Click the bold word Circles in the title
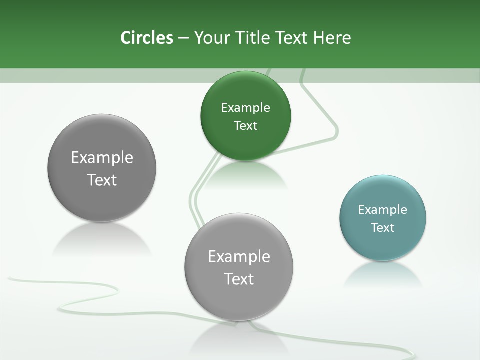click(x=147, y=38)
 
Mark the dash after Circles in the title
click(x=183, y=38)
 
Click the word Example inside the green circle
click(x=245, y=108)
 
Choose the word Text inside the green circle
click(x=245, y=126)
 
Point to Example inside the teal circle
click(x=382, y=210)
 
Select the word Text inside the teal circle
click(x=383, y=228)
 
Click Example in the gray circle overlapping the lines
click(x=239, y=257)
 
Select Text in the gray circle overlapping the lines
click(x=239, y=279)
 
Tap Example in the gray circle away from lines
click(x=102, y=158)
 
